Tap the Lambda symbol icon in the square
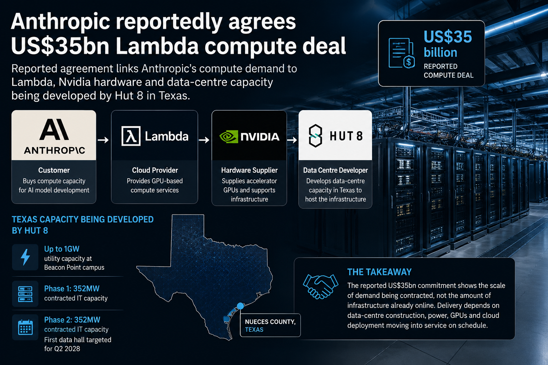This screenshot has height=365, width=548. [131, 136]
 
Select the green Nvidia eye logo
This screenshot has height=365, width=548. [229, 137]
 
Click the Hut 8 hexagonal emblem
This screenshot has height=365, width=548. [315, 136]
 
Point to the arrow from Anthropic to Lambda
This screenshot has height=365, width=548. [103, 140]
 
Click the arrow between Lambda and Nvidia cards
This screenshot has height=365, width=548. [204, 140]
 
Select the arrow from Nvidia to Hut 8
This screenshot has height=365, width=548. [292, 140]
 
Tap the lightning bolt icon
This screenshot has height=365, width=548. [25, 257]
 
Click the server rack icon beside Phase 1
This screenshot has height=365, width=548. [25, 294]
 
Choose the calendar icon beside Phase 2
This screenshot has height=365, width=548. [25, 327]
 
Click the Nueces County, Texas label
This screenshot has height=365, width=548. [270, 325]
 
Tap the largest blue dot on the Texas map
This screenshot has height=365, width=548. [240, 306]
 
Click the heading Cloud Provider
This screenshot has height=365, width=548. [155, 170]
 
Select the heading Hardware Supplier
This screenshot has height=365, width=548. [249, 170]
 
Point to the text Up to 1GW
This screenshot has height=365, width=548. [62, 249]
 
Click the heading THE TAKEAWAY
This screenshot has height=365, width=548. [380, 272]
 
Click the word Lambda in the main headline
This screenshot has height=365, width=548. [157, 46]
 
